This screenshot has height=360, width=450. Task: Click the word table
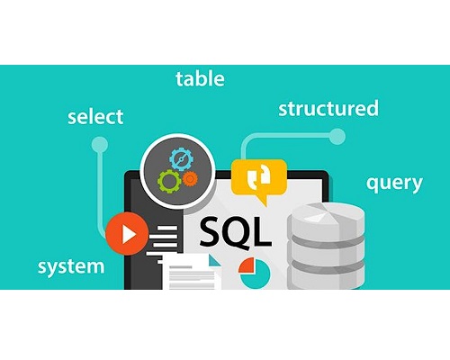pos(200,79)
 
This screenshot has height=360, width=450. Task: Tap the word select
pos(95,117)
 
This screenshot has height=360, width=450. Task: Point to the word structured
pos(328,108)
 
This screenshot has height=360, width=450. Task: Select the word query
pos(394,184)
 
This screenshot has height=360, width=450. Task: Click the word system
pos(71,267)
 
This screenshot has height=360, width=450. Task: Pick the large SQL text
pos(235,231)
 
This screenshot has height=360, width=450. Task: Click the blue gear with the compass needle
pos(181,159)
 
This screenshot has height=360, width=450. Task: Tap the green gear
pos(169,181)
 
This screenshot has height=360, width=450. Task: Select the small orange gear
pos(190,179)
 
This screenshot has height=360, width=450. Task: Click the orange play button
pos(127,234)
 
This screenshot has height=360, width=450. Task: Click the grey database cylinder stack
pos(326,246)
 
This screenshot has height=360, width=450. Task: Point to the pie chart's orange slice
pos(247,265)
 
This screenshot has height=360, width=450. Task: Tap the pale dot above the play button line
pos(100,145)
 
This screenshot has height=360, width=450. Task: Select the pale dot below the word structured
pos(337,137)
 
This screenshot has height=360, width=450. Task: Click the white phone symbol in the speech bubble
pos(259,175)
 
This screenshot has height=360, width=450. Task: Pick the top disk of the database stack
pos(326,219)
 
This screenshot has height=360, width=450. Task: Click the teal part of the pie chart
pos(256,276)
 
